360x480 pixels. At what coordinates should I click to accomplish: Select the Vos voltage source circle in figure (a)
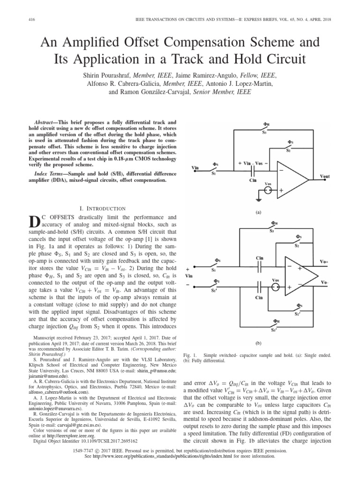(268, 190)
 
